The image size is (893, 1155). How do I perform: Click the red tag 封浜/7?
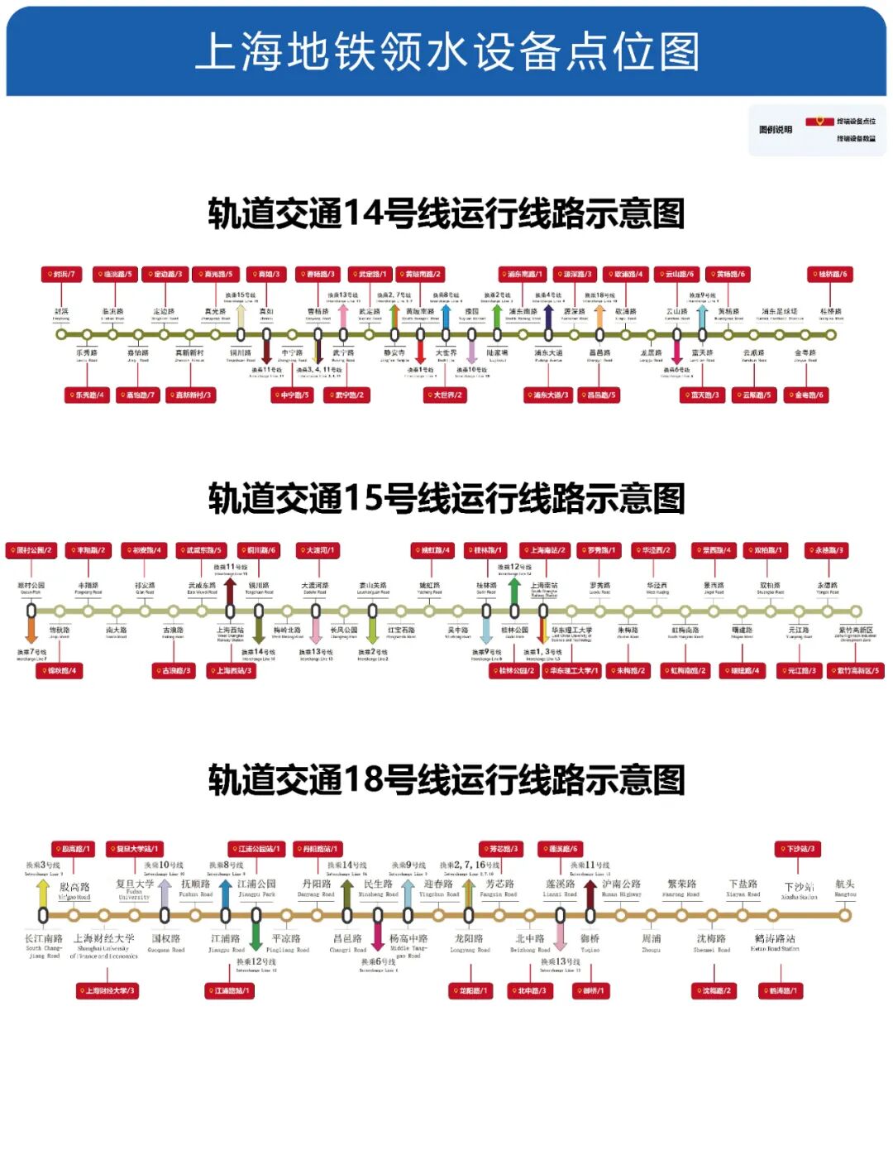61,274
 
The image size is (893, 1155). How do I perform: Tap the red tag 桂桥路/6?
829,274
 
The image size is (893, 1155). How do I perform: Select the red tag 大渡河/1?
318,550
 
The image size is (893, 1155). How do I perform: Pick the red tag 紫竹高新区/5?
856,670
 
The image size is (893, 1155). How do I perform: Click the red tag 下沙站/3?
798,849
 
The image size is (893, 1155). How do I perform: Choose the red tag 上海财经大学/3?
107,990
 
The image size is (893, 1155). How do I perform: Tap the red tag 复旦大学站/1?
134,849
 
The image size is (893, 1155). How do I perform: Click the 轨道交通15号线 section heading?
446,499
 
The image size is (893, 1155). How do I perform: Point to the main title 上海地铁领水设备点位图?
446,51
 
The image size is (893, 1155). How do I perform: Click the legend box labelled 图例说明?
817,130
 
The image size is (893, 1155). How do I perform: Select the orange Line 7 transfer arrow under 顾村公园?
31,630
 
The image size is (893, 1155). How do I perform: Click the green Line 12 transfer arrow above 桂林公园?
513,591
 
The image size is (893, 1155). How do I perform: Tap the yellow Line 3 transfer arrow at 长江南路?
43,893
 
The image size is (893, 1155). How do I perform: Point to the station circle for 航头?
845,915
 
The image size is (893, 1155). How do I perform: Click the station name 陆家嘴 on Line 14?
498,352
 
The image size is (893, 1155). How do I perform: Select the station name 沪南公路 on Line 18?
621,884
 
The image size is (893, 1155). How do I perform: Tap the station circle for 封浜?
61,335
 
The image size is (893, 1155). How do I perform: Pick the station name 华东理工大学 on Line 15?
571,630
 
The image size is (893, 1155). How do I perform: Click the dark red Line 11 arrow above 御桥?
590,893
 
